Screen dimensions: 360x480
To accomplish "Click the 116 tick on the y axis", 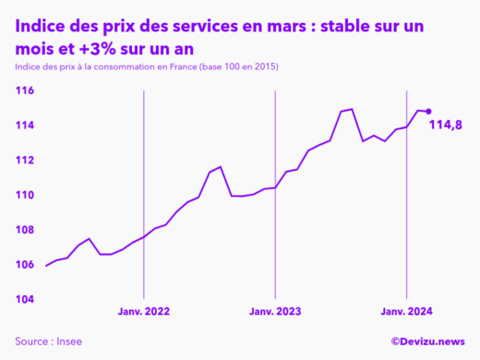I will click(x=24, y=90).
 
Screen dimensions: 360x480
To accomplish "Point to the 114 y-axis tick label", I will click(x=24, y=126).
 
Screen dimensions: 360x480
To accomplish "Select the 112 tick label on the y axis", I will click(x=24, y=161).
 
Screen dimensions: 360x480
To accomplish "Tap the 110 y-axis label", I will click(x=24, y=195).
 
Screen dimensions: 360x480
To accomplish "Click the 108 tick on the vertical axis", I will click(x=24, y=230).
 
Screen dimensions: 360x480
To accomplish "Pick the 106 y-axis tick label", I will click(x=24, y=265).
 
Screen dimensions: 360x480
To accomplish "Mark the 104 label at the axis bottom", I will click(x=24, y=300).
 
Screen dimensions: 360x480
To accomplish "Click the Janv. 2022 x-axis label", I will click(x=143, y=313).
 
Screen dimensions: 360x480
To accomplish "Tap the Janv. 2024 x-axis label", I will click(x=408, y=313).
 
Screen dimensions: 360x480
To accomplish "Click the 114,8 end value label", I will click(x=448, y=125).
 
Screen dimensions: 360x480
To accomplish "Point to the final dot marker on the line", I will click(x=428, y=112).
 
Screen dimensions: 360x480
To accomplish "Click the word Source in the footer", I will click(x=31, y=342).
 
